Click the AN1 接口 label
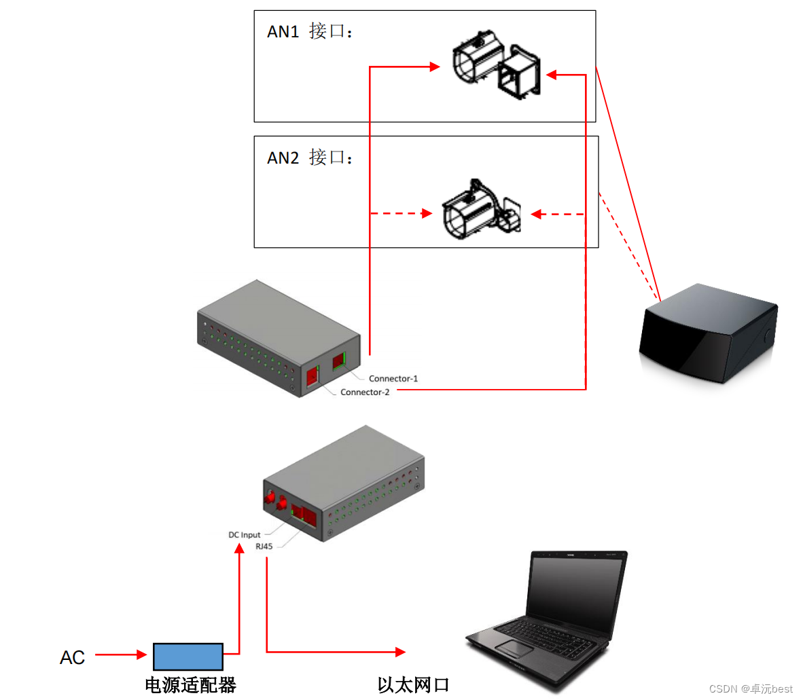click(x=310, y=31)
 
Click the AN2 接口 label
click(x=310, y=158)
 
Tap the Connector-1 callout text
click(x=393, y=379)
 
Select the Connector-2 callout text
click(x=365, y=392)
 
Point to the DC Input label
click(x=244, y=535)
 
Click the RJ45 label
click(x=264, y=547)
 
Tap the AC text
click(x=73, y=657)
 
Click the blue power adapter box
click(x=188, y=657)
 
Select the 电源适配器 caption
click(x=191, y=684)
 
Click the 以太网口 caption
click(x=414, y=684)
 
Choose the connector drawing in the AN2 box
click(x=481, y=210)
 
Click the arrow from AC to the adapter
click(x=121, y=655)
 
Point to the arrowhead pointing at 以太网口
click(x=401, y=652)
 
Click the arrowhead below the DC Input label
click(x=239, y=548)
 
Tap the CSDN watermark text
click(x=751, y=688)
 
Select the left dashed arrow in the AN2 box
click(x=401, y=213)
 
